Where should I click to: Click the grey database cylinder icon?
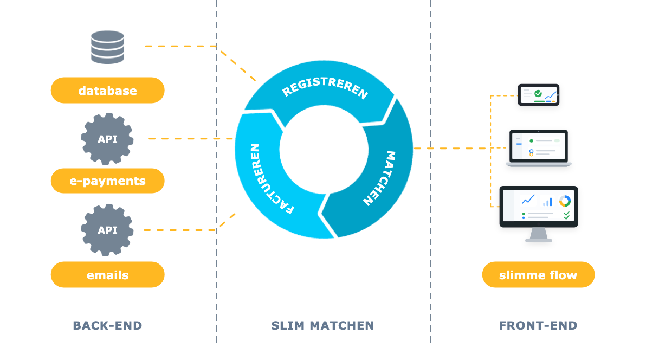pos(107,47)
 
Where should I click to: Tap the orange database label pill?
pos(107,91)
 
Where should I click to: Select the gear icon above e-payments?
pos(107,139)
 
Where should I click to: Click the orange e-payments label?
pos(107,181)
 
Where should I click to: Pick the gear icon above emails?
pos(107,230)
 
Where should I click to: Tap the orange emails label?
pos(107,275)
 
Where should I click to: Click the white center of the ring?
pos(324,149)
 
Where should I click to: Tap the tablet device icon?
pos(539,95)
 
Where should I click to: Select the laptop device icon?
pos(539,148)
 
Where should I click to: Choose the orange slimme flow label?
pos(539,275)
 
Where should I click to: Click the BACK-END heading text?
pos(107,325)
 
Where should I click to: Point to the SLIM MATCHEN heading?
pos(322,325)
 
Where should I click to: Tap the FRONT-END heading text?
pos(538,325)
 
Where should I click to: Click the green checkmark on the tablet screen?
pos(538,94)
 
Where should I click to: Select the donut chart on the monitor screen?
pos(565,201)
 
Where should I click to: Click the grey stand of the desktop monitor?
pos(539,235)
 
